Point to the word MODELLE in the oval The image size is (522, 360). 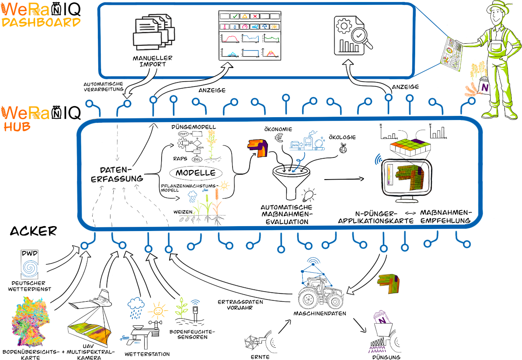[x=196, y=173]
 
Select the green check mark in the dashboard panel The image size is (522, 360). [x=234, y=16]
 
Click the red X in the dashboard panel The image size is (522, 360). [x=255, y=16]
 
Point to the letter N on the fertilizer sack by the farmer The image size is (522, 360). [x=484, y=87]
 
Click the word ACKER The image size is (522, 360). [x=33, y=231]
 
